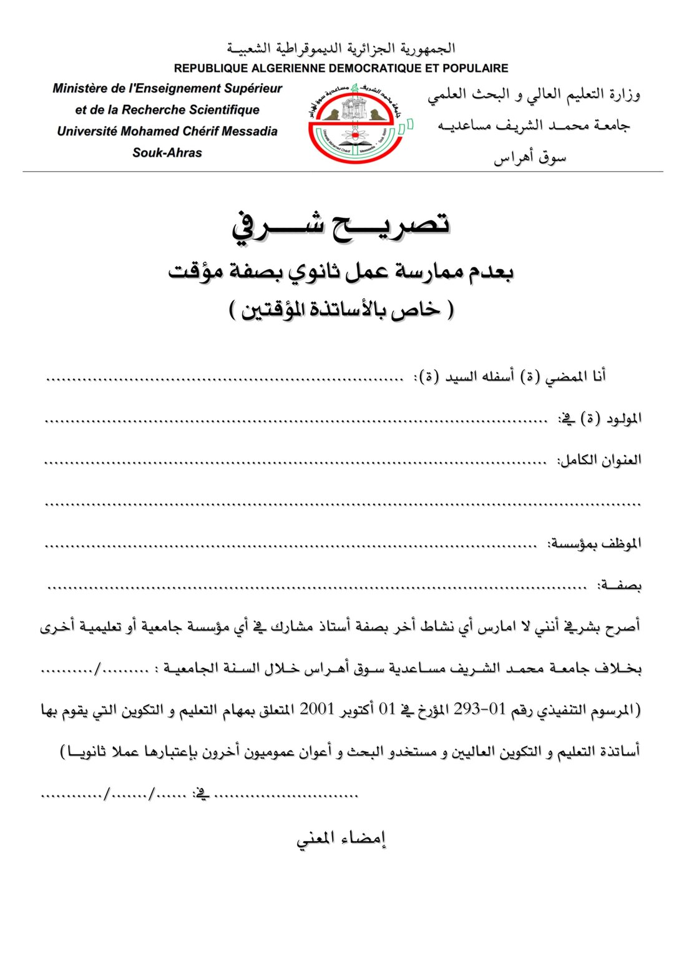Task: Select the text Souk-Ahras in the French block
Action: tap(167, 152)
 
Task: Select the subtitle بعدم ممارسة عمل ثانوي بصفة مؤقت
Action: tap(341, 272)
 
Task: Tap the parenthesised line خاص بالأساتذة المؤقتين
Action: tap(341, 310)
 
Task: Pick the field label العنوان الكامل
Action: tap(600, 461)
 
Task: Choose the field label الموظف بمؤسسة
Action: tap(595, 544)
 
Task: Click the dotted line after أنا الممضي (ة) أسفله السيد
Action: tap(225, 378)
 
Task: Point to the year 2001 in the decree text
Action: tap(317, 710)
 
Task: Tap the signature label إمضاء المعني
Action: tap(341, 838)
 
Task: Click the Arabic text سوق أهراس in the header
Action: tap(530, 157)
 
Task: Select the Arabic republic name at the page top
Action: tap(341, 48)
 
